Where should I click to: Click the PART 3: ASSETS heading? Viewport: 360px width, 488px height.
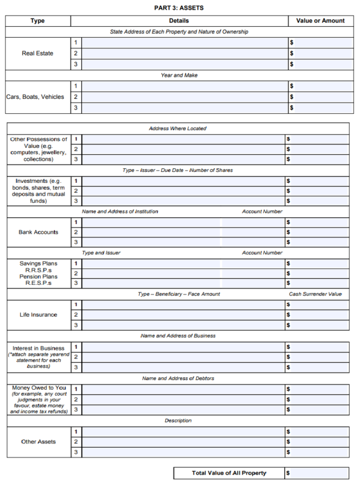pyautogui.click(x=179, y=8)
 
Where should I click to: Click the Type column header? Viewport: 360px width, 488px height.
pyautogui.click(x=38, y=21)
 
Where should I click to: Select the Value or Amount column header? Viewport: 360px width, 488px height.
pyautogui.click(x=320, y=21)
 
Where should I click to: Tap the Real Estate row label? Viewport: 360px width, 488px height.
pyautogui.click(x=38, y=53)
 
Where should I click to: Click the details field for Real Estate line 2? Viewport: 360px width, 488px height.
pyautogui.click(x=184, y=53)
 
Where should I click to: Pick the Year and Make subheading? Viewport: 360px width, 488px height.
pyautogui.click(x=179, y=75)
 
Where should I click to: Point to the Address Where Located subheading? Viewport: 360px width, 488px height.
pyautogui.click(x=178, y=128)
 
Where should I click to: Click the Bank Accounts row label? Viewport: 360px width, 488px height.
pyautogui.click(x=38, y=232)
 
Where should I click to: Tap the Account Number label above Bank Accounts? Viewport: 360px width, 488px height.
pyautogui.click(x=262, y=211)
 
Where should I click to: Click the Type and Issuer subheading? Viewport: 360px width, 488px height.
pyautogui.click(x=101, y=253)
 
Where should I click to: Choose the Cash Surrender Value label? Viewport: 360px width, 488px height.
pyautogui.click(x=315, y=294)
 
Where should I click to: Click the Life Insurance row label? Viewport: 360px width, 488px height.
pyautogui.click(x=38, y=314)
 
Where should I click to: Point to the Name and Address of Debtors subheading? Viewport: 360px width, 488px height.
pyautogui.click(x=178, y=378)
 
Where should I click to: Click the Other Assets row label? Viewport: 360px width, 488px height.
pyautogui.click(x=38, y=442)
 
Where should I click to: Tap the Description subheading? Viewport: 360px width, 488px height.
pyautogui.click(x=178, y=420)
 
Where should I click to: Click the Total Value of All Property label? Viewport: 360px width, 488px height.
pyautogui.click(x=229, y=473)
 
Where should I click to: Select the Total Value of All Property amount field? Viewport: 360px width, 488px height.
pyautogui.click(x=319, y=473)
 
